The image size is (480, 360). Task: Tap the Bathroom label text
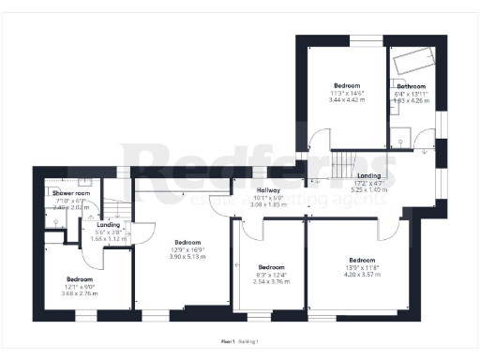click(x=411, y=86)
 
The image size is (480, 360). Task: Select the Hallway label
click(x=269, y=189)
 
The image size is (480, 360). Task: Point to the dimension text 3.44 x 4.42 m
click(x=346, y=98)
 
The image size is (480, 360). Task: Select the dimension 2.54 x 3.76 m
click(x=270, y=280)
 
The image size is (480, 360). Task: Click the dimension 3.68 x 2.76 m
click(x=80, y=294)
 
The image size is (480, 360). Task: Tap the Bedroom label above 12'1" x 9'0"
click(x=80, y=279)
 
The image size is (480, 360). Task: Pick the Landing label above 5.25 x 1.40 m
click(x=368, y=175)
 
